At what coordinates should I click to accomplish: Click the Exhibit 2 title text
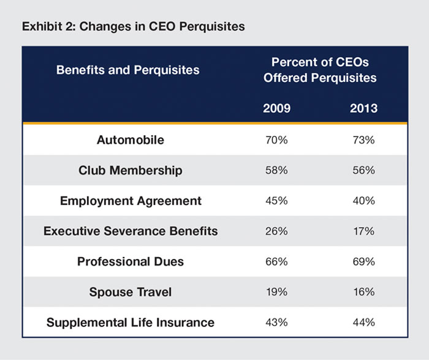(x=133, y=27)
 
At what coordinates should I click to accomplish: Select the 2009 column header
(x=276, y=108)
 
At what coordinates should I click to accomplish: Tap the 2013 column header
(x=363, y=108)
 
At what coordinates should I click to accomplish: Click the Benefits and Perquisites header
(x=127, y=70)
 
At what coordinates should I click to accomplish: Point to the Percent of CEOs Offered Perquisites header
(x=320, y=70)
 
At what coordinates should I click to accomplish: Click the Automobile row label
(x=131, y=140)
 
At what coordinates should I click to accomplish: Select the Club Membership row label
(x=130, y=170)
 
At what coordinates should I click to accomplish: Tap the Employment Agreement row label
(x=131, y=201)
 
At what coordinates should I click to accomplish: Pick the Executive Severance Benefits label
(x=131, y=231)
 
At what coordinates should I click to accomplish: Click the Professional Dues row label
(x=130, y=261)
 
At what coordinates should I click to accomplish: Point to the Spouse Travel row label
(x=130, y=292)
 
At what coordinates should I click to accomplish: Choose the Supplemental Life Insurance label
(x=130, y=323)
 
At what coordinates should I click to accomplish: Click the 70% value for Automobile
(x=276, y=140)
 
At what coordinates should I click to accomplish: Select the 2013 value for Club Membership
(x=363, y=170)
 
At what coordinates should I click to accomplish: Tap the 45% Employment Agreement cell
(x=276, y=201)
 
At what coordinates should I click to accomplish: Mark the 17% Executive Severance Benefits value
(x=363, y=231)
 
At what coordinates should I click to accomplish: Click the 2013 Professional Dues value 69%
(x=363, y=261)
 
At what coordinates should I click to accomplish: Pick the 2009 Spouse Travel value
(x=276, y=292)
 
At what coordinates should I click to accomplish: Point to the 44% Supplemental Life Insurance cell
(x=363, y=323)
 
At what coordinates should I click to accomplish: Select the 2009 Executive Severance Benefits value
(x=276, y=231)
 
